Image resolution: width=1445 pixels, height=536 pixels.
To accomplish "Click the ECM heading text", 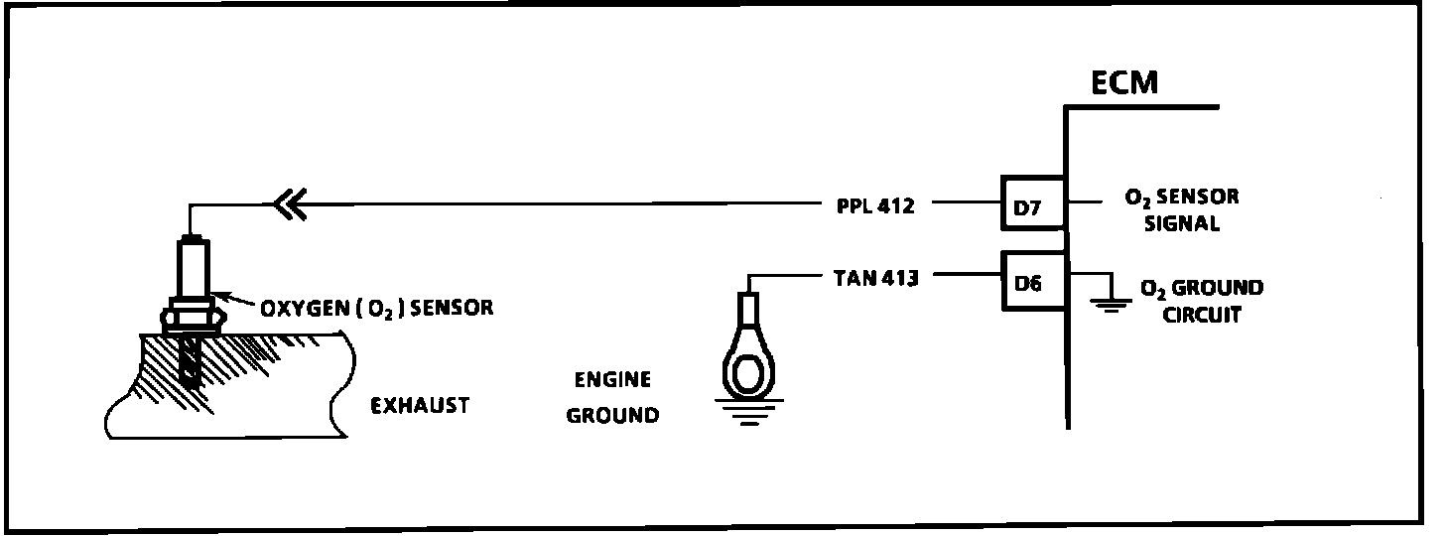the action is point(1123,82).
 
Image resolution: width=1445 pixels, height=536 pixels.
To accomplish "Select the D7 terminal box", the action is point(1031,207).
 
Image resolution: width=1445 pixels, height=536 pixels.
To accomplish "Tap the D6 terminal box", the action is point(1031,283).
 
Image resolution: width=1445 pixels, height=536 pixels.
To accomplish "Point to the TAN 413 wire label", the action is point(872,278).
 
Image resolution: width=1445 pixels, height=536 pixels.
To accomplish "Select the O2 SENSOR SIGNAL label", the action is point(1181,210).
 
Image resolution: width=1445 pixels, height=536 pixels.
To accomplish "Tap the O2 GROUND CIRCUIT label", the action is point(1201,302).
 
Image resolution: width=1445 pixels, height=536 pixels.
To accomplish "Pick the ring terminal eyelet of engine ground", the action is point(751,368).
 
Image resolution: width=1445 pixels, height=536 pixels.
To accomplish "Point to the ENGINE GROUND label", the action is point(611,397).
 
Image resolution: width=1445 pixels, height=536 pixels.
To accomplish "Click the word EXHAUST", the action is point(419,405).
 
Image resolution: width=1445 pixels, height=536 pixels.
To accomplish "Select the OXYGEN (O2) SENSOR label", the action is point(376,308).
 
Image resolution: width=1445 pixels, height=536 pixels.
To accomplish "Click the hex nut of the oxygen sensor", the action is point(191,316).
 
